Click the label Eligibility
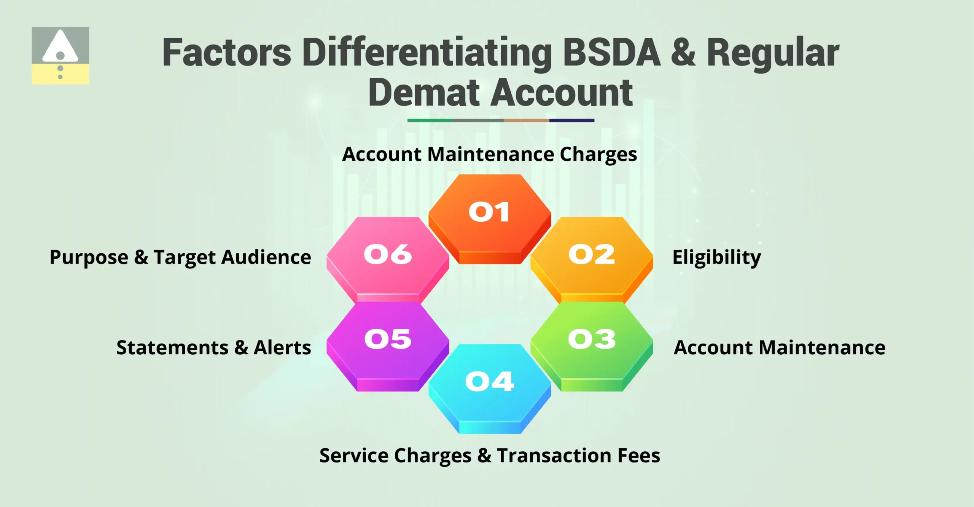716,257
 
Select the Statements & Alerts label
213,348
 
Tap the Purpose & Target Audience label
180,257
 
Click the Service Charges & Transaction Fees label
490,456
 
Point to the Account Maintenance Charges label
489,155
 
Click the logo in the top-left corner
60,56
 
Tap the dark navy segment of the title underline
571,120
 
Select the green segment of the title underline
430,120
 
